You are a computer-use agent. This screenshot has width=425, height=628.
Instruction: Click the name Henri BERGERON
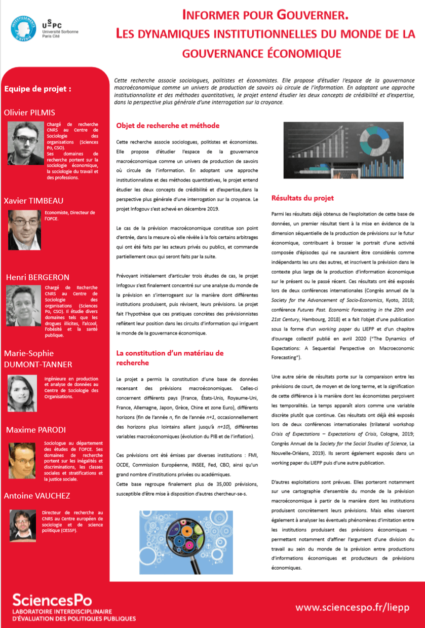click(37, 277)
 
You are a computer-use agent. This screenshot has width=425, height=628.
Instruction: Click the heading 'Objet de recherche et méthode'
click(168, 125)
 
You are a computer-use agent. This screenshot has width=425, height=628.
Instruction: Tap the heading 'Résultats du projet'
click(303, 198)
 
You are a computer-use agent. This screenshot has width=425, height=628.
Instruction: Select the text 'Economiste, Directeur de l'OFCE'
click(70, 215)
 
